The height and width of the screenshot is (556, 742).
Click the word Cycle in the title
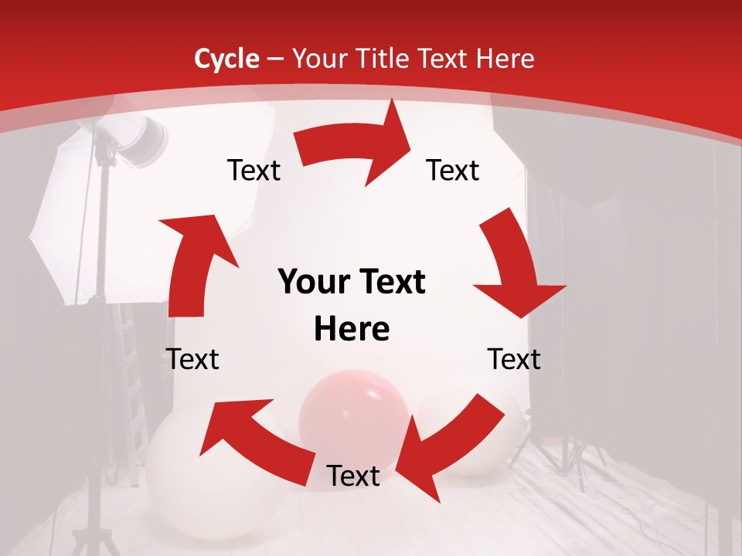[x=226, y=59]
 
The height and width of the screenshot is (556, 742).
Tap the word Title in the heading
[x=380, y=59]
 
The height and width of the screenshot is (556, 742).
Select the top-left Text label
[x=254, y=171]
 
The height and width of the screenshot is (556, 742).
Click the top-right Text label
[x=453, y=171]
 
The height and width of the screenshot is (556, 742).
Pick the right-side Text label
[x=514, y=359]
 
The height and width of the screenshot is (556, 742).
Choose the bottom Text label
[x=353, y=476]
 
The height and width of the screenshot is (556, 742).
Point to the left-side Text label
[x=192, y=359]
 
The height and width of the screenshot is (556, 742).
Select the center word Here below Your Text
[x=352, y=330]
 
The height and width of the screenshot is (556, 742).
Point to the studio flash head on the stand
[x=143, y=139]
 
